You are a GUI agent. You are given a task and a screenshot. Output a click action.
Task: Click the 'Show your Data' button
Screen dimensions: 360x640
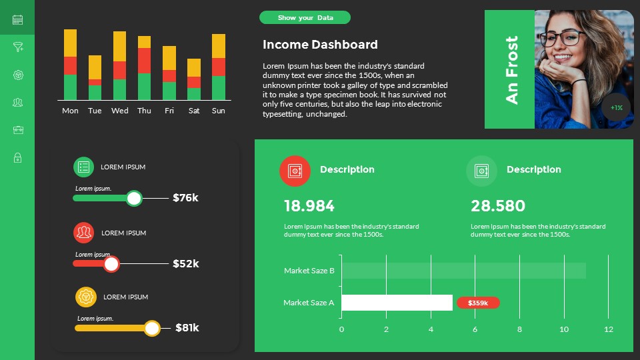point(305,18)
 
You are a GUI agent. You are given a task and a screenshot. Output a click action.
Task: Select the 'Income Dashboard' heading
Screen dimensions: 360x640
point(320,45)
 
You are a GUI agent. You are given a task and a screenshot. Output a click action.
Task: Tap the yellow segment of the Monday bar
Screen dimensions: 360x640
point(70,43)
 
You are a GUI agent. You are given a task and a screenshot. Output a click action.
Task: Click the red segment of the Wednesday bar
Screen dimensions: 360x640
point(120,70)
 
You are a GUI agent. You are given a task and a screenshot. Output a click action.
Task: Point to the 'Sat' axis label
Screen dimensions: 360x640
point(194,111)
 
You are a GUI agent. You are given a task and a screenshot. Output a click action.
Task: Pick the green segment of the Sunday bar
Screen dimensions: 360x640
point(219,87)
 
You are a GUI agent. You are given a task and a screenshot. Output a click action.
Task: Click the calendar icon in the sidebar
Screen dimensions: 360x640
point(17,20)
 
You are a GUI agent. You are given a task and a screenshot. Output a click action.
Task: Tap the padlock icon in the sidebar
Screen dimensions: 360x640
point(17,158)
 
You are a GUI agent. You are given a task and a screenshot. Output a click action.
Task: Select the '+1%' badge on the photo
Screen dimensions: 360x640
point(616,107)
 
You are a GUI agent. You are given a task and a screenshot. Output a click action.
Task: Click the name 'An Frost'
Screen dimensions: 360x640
point(511,69)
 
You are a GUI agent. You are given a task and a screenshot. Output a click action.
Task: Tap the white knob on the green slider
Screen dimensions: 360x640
point(134,198)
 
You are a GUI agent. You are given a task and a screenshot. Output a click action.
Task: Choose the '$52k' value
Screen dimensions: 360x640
point(186,263)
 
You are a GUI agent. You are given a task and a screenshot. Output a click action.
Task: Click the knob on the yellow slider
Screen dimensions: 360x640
point(153,328)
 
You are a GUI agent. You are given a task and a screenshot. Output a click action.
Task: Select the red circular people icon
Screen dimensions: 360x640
point(84,233)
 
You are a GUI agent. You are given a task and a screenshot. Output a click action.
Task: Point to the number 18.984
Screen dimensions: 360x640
point(309,206)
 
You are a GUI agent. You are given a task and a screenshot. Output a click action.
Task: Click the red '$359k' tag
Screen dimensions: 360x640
point(478,303)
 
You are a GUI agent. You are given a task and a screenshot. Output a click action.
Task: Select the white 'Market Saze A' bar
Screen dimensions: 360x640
point(397,303)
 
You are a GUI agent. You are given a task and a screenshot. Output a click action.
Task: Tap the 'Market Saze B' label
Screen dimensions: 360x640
point(309,271)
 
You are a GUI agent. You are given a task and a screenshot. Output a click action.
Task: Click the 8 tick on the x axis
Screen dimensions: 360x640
point(519,329)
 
